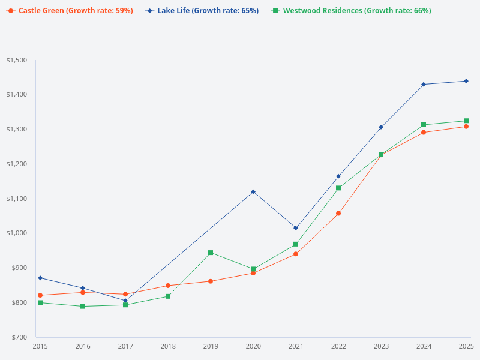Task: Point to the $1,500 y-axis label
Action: click(x=17, y=61)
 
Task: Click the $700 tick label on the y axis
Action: click(x=18, y=337)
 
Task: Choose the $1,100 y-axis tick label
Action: click(x=17, y=199)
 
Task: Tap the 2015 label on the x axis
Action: click(x=40, y=346)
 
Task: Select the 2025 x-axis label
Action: click(x=466, y=346)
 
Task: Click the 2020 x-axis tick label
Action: click(x=253, y=346)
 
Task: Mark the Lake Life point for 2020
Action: click(x=253, y=192)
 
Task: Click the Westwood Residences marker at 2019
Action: click(x=211, y=253)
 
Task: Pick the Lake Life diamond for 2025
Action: click(x=466, y=81)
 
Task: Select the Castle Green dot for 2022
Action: click(x=338, y=214)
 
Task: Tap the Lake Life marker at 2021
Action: click(x=296, y=228)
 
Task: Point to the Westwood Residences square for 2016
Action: click(x=83, y=307)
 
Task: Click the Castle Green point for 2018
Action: click(x=168, y=286)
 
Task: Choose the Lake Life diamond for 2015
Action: click(x=40, y=278)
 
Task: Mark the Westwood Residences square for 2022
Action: click(x=338, y=188)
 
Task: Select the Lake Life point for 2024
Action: click(x=424, y=85)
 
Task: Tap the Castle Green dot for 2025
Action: click(x=466, y=127)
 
